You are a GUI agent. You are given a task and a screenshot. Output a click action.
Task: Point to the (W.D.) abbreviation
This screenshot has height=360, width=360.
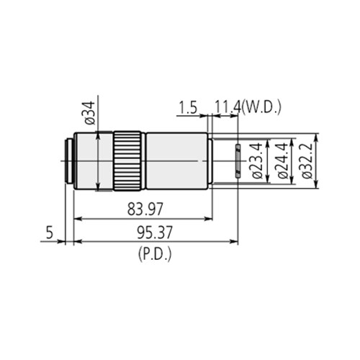pyautogui.click(x=264, y=108)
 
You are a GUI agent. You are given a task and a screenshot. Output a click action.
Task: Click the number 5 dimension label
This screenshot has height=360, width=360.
pyautogui.click(x=49, y=233)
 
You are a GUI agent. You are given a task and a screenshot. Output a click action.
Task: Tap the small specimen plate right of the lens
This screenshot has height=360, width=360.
pyautogui.click(x=236, y=159)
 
